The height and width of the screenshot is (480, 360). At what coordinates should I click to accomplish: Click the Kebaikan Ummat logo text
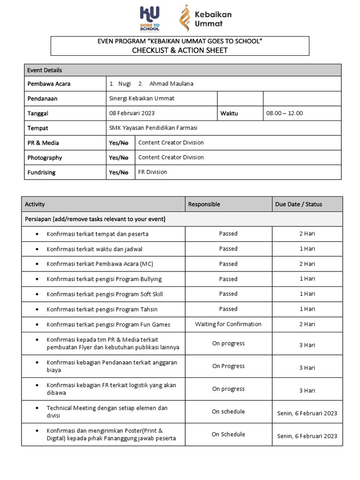(213, 19)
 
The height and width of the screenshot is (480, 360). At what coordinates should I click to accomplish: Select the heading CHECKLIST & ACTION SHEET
(180, 51)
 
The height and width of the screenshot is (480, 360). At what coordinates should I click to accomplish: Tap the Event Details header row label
(45, 70)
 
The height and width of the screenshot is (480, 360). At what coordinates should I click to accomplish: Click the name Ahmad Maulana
(171, 84)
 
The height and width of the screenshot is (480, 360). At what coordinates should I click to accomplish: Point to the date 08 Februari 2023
(132, 113)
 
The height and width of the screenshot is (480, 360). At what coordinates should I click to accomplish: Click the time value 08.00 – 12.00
(285, 113)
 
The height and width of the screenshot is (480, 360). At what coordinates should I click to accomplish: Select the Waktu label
(229, 113)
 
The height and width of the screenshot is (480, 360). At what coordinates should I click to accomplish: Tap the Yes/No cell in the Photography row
(119, 158)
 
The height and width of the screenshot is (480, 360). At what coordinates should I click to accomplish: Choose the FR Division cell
(152, 172)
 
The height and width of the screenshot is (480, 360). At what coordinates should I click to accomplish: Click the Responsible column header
(204, 204)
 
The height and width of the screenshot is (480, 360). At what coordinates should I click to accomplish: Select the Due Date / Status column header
(299, 204)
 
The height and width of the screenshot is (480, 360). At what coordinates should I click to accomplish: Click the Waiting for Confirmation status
(228, 324)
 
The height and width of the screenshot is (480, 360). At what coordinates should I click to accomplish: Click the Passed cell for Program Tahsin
(228, 309)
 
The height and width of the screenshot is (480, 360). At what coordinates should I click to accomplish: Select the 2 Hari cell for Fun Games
(307, 324)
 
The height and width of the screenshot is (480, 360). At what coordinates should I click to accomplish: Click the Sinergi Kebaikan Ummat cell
(142, 99)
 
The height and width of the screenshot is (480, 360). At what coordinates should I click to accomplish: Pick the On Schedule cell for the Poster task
(228, 435)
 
